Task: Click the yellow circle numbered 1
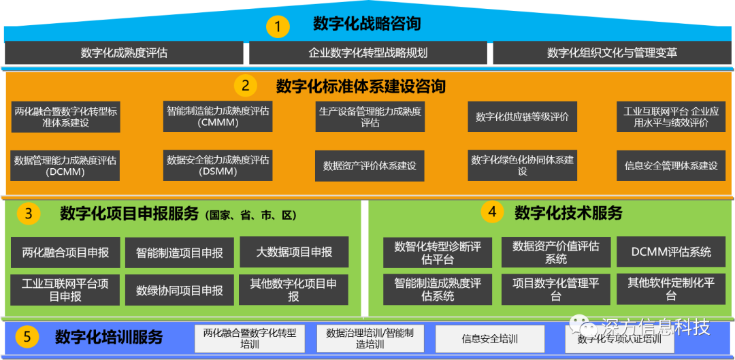tap(278, 27)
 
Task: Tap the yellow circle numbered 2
tap(246, 86)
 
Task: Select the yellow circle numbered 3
tap(29, 214)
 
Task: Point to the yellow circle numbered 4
tap(492, 212)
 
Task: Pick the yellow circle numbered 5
tap(27, 336)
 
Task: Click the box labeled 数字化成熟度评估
tap(124, 52)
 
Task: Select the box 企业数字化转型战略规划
tap(367, 52)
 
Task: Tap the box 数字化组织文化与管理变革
tap(612, 52)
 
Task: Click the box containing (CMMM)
tap(218, 116)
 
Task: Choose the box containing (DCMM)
tap(65, 165)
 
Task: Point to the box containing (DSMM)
tap(218, 165)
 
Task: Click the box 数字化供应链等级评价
tap(522, 116)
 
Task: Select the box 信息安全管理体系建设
tap(671, 165)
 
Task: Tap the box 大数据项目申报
tap(294, 252)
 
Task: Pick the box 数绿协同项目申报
tap(180, 290)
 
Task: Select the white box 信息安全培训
tap(489, 338)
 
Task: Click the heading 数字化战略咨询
tap(367, 24)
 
